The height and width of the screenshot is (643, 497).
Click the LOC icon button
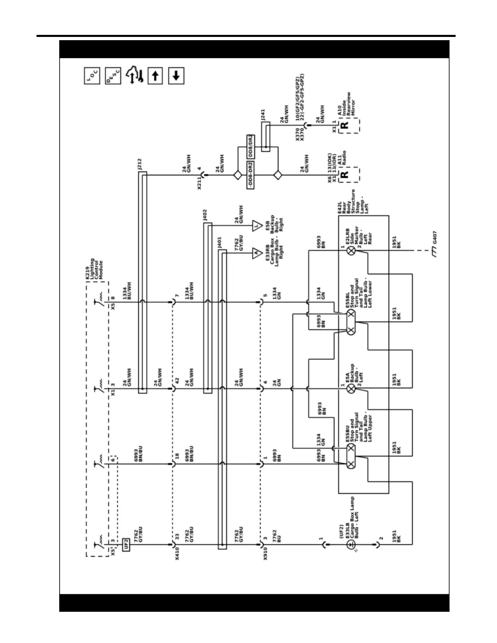point(92,76)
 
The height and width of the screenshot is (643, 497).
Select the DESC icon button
point(113,76)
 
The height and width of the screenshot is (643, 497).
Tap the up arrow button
point(155,76)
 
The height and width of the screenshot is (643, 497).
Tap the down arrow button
point(176,76)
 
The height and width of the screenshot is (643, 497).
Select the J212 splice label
point(140,164)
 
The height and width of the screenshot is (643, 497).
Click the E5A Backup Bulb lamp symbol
point(351,389)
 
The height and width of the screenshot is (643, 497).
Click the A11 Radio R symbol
point(344,175)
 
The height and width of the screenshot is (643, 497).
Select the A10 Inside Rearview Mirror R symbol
point(344,125)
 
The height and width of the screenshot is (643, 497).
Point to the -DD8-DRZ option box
point(250,175)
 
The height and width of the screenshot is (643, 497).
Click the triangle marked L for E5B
point(256,226)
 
